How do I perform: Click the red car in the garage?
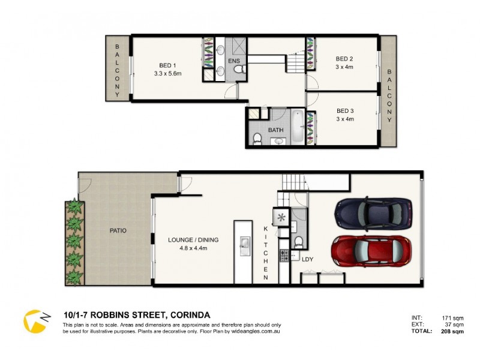371,251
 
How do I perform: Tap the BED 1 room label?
167,65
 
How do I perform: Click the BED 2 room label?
344,59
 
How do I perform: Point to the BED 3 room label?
344,111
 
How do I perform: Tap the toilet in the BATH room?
257,139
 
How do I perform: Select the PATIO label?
118,230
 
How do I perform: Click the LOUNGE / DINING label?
193,239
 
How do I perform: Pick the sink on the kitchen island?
244,244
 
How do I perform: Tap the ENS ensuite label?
234,61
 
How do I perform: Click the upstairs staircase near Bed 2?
296,62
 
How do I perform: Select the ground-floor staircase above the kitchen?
294,182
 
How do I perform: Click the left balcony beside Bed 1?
118,67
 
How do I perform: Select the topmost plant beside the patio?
75,208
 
